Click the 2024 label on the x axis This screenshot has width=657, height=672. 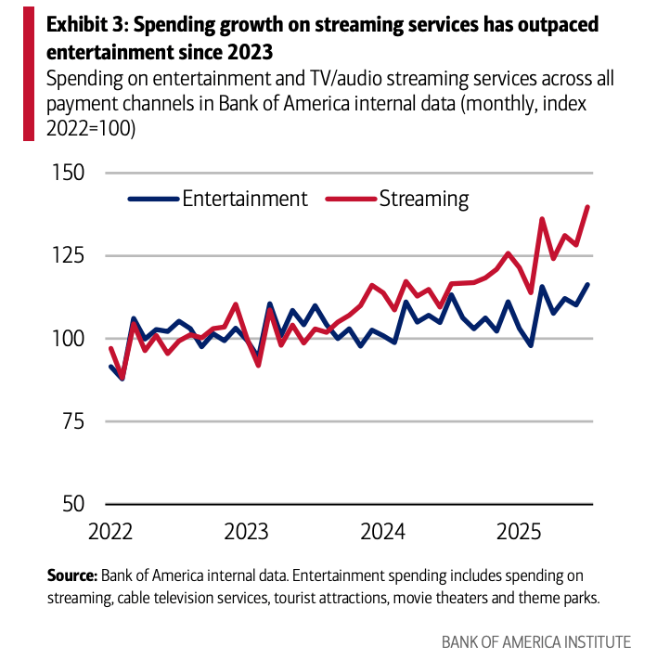pyautogui.click(x=383, y=533)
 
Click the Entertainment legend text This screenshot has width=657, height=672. pyautogui.click(x=245, y=199)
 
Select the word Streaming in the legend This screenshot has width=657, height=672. pyautogui.click(x=424, y=199)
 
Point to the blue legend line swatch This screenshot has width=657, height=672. pyautogui.click(x=152, y=199)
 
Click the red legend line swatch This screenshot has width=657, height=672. pyautogui.click(x=351, y=199)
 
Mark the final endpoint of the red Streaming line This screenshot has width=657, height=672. pyautogui.click(x=588, y=207)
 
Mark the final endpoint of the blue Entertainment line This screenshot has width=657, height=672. pyautogui.click(x=588, y=284)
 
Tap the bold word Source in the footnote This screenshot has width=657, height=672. pyautogui.click(x=72, y=575)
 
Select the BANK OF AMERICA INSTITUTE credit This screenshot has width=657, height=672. pyautogui.click(x=536, y=642)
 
